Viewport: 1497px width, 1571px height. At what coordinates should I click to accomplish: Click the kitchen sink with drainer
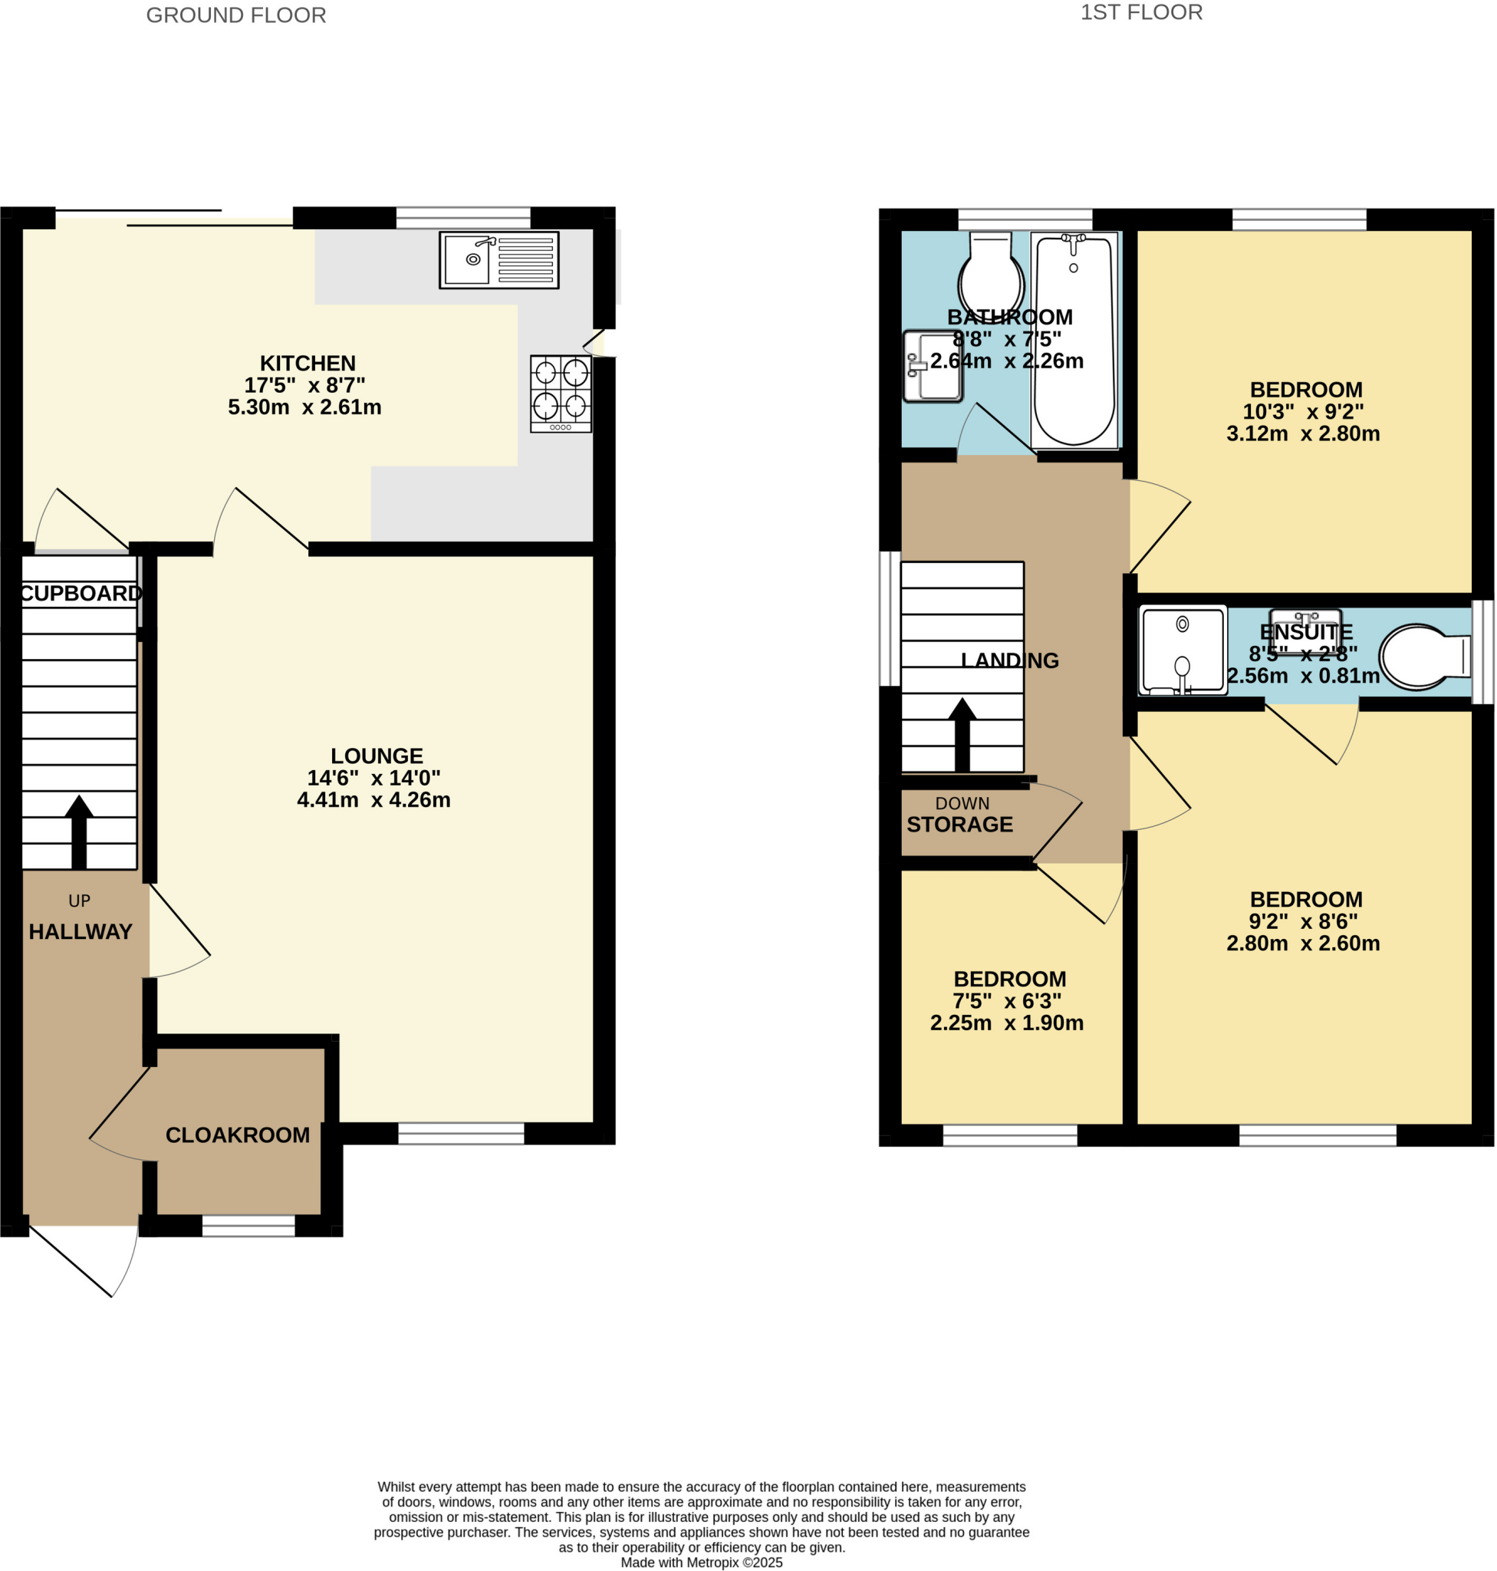point(498,259)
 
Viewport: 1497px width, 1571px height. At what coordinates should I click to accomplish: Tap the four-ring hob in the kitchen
point(561,393)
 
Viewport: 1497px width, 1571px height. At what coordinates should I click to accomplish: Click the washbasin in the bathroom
point(933,367)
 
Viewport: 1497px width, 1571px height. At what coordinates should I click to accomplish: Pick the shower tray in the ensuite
point(1182,650)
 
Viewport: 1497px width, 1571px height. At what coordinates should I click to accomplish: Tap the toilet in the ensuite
point(1424,656)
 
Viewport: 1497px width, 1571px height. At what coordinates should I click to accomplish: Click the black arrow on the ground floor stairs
point(79,831)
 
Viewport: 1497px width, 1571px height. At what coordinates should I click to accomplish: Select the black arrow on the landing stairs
point(962,734)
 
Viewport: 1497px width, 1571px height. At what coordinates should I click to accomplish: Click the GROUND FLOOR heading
point(236,15)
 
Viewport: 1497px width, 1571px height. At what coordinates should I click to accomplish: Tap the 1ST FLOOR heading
point(1141,13)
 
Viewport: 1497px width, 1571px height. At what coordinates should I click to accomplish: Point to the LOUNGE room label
point(377,755)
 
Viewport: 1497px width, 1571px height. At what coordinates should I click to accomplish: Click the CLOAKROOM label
point(238,1135)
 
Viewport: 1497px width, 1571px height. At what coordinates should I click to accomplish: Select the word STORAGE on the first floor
point(959,825)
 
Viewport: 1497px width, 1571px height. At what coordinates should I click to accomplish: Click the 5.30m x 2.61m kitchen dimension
point(304,407)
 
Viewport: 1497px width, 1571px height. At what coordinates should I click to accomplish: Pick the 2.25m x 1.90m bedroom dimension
point(1006,1023)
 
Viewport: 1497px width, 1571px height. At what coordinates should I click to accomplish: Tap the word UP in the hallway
point(79,901)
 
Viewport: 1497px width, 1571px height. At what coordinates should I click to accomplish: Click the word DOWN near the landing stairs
point(962,803)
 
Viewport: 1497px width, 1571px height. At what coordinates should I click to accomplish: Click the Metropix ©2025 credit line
point(702,1563)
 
